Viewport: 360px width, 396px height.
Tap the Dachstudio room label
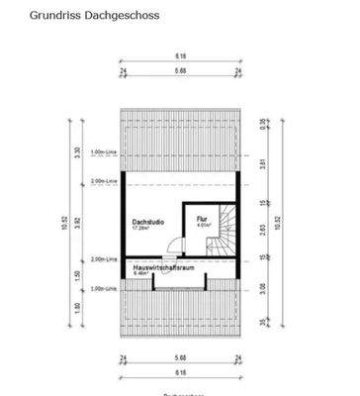(x=148, y=224)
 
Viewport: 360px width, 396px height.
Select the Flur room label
(x=202, y=219)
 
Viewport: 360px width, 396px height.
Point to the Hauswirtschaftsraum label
(x=164, y=265)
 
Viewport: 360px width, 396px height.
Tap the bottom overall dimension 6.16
(x=180, y=372)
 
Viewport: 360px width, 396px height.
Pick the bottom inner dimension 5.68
(x=180, y=359)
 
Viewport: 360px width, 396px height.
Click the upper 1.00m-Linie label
(x=104, y=152)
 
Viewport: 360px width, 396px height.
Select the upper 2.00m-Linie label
(x=104, y=183)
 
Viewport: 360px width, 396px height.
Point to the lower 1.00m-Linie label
(x=104, y=289)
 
